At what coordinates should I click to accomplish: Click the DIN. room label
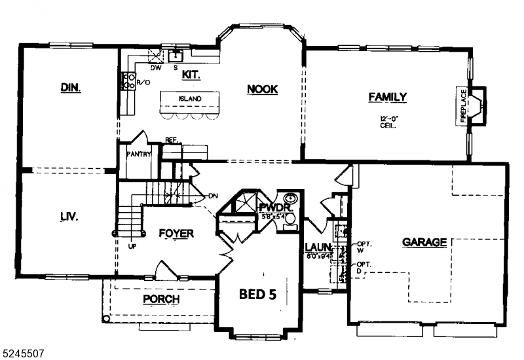point(70,87)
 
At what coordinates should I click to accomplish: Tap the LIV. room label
point(69,217)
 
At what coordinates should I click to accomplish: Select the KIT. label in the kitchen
point(191,75)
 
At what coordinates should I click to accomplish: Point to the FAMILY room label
point(387,97)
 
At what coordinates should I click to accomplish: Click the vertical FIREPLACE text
point(463,106)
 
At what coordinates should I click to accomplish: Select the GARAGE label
point(424,242)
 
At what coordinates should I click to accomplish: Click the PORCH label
point(160,299)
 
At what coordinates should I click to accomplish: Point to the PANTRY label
point(139,154)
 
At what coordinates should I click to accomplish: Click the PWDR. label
point(274,207)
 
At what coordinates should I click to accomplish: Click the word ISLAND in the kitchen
point(190,99)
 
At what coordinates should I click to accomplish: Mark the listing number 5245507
point(23,353)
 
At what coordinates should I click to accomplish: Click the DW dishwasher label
point(156,67)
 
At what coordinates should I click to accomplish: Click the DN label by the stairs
point(212,196)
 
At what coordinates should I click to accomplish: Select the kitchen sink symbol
point(176,55)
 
